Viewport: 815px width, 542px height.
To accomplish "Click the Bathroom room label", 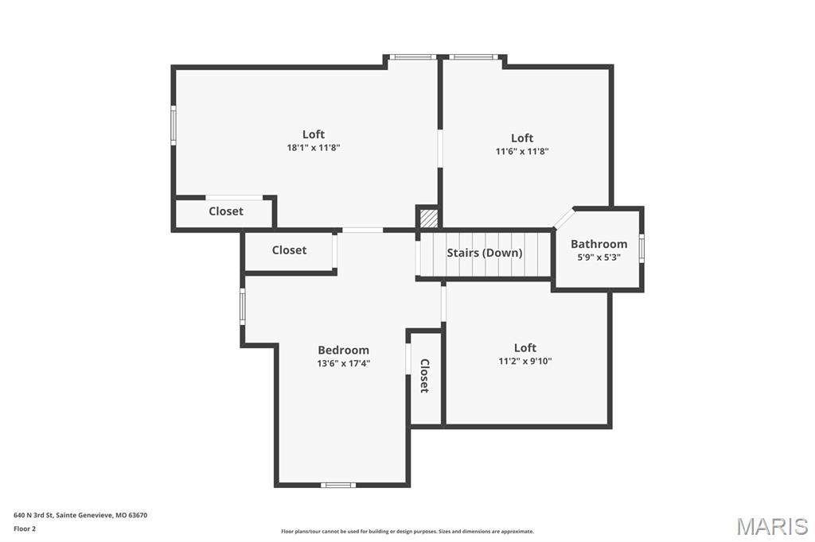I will [x=599, y=244].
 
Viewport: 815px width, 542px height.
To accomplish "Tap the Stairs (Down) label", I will [x=484, y=253].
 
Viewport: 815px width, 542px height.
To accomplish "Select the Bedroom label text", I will [x=343, y=350].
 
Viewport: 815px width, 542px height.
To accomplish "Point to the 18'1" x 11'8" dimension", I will [x=314, y=148].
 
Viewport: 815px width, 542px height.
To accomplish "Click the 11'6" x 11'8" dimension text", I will [x=522, y=151].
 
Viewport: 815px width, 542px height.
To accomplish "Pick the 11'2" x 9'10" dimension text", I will [x=524, y=361].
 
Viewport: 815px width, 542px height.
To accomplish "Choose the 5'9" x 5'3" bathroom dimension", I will [x=599, y=257].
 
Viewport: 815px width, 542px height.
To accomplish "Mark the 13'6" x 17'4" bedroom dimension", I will [x=343, y=363].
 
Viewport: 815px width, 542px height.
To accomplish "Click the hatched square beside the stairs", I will [x=428, y=217].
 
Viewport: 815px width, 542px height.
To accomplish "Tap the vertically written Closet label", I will [x=424, y=376].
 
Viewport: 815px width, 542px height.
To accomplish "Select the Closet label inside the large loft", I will [x=226, y=211].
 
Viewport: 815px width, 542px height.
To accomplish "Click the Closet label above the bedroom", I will [x=289, y=250].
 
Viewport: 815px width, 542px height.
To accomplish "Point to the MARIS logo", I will [x=771, y=525].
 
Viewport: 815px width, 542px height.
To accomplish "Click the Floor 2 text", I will [x=25, y=528].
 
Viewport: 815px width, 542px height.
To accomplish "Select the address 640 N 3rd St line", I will [x=80, y=515].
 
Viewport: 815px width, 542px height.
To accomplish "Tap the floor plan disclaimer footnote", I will [x=407, y=532].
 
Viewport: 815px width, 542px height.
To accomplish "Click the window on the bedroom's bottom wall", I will [x=338, y=485].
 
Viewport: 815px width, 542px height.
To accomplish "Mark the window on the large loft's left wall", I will [x=173, y=125].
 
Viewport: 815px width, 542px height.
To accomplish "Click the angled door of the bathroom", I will [x=563, y=219].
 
